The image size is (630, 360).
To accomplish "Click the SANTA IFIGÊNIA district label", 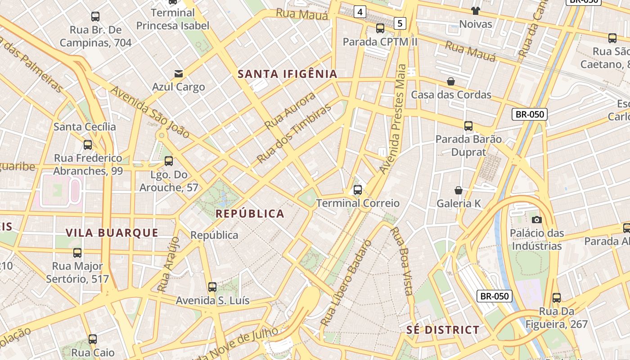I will [288, 74].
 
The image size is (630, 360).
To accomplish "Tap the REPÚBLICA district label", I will [250, 214].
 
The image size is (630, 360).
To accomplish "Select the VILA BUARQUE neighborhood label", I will [112, 233].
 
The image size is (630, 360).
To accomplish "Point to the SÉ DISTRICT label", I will [443, 330].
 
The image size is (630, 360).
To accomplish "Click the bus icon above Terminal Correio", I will [358, 190].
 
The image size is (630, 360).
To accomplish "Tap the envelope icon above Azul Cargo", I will [179, 73].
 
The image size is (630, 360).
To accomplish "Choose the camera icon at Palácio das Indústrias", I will [536, 220].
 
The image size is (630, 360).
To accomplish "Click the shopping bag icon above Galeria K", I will [459, 190].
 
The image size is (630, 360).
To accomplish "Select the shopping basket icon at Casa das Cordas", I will [451, 81].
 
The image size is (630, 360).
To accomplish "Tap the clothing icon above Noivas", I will [476, 10].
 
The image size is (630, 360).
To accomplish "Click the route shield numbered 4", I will [359, 12].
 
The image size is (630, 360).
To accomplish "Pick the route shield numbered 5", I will [400, 23].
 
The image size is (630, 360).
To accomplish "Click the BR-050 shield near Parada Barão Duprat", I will [530, 114].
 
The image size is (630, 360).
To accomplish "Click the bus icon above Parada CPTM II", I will [380, 28].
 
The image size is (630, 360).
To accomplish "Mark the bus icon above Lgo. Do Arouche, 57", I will [169, 161].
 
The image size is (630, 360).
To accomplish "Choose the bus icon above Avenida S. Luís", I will [212, 287].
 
